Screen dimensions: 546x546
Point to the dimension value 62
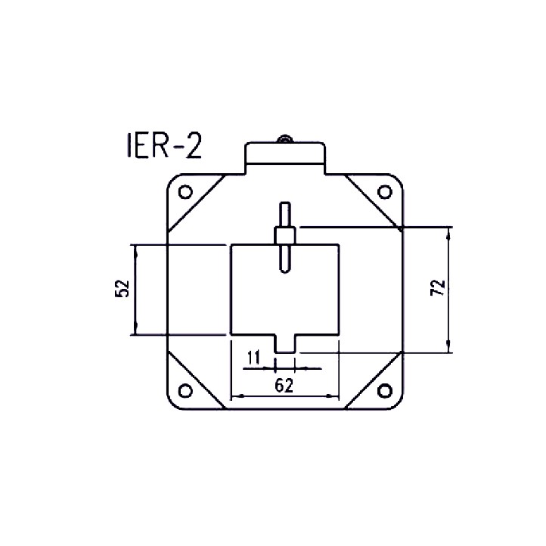284,385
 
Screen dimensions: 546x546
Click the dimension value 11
254,357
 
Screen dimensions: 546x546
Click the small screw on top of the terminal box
285,139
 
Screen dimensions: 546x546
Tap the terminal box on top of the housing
285,159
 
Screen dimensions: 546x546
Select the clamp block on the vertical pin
285,235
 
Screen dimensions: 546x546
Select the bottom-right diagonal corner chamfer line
371,377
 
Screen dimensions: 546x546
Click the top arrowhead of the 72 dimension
451,231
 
